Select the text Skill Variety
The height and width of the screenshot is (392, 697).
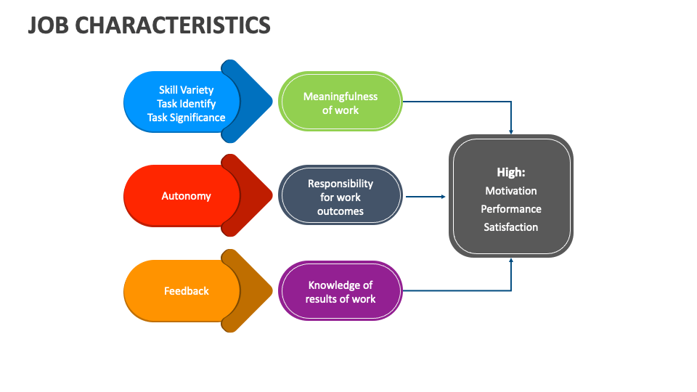click(x=186, y=90)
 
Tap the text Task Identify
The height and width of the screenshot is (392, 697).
click(x=186, y=104)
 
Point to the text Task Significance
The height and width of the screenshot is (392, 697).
click(x=186, y=118)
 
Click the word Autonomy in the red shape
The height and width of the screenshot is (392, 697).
click(x=186, y=196)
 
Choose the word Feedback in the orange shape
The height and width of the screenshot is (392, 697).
click(x=186, y=291)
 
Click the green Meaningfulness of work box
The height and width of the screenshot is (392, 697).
click(x=341, y=102)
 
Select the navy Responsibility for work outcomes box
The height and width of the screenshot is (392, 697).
click(x=341, y=196)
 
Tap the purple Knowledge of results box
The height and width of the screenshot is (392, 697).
click(x=341, y=290)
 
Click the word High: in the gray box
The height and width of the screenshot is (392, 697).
click(x=510, y=172)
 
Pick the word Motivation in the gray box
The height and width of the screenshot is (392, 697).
click(x=510, y=191)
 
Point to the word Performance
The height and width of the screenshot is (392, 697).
click(x=510, y=209)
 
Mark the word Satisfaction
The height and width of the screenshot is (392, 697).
click(x=510, y=227)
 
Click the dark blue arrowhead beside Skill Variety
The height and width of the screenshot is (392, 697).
click(x=253, y=102)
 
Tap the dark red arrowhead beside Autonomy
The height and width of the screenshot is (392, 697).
click(x=253, y=195)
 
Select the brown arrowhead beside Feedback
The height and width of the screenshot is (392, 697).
click(x=253, y=291)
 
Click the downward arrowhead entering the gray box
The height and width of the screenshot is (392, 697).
click(x=511, y=131)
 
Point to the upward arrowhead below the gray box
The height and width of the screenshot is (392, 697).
click(x=511, y=261)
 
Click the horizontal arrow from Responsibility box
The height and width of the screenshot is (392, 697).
click(x=425, y=196)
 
